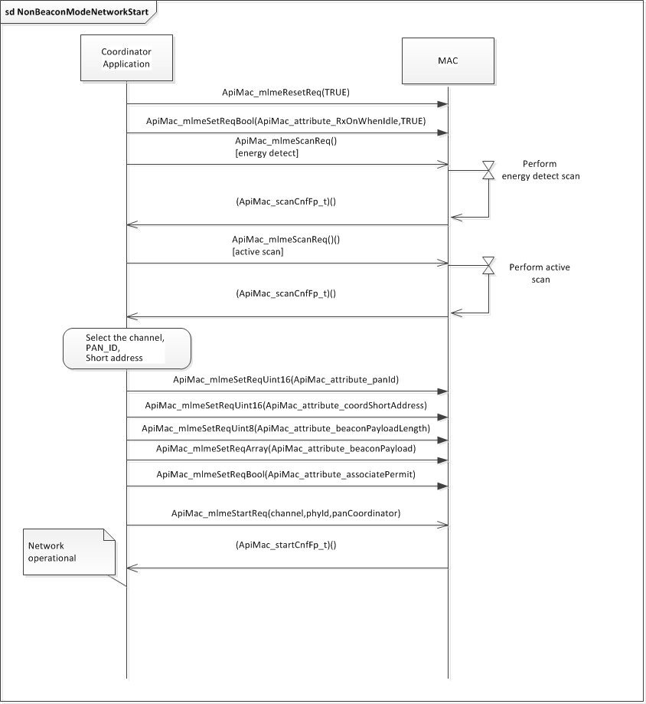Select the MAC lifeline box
(448, 59)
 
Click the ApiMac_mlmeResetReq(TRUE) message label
(286, 93)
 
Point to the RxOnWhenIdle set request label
(286, 121)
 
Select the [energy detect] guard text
(266, 153)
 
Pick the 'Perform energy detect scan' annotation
(540, 170)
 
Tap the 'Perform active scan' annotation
(540, 273)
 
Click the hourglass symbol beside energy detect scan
(488, 171)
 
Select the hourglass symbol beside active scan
(488, 266)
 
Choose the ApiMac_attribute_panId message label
(286, 379)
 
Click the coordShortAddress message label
(286, 405)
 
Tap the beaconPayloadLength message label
(286, 428)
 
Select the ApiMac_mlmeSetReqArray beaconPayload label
(286, 448)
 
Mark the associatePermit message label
(286, 474)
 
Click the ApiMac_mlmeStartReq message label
(286, 512)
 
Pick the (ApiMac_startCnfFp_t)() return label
(286, 545)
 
